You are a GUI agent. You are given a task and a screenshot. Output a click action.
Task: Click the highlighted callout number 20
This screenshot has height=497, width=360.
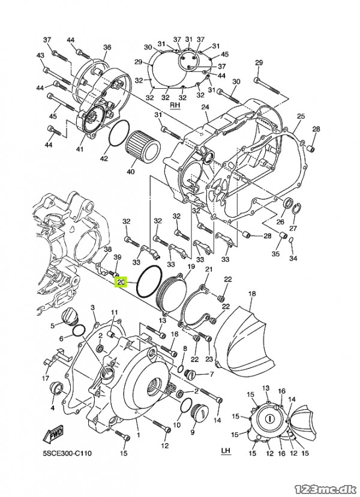click(x=122, y=282)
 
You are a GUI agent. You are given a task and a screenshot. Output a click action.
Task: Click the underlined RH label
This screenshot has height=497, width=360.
click(x=175, y=105)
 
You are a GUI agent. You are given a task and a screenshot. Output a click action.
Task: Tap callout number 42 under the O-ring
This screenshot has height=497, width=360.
click(x=104, y=158)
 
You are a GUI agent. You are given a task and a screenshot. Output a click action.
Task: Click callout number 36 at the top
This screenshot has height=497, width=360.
click(x=107, y=47)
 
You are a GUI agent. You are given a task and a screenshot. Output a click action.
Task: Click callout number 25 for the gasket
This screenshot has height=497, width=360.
click(x=301, y=116)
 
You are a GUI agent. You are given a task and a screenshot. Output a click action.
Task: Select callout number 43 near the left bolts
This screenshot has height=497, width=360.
click(x=41, y=55)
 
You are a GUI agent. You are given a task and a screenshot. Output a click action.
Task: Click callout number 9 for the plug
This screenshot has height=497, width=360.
click(x=193, y=432)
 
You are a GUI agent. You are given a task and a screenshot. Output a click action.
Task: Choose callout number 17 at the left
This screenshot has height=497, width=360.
click(x=46, y=378)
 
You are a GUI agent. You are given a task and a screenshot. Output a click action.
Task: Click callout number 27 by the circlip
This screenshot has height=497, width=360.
click(x=293, y=229)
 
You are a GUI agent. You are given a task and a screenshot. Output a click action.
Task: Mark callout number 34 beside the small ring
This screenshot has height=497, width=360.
click(x=293, y=259)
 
